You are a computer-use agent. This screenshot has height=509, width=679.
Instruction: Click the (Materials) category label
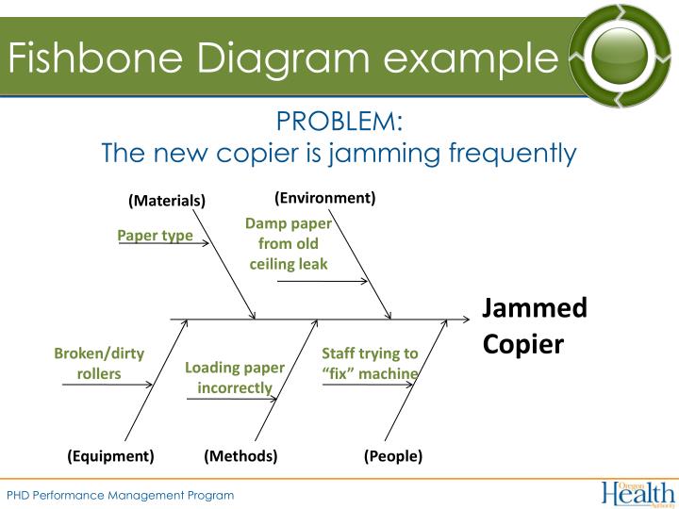tap(167, 201)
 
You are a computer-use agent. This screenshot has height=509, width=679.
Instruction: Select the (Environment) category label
tap(325, 198)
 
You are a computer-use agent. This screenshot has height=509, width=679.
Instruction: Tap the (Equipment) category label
tap(110, 456)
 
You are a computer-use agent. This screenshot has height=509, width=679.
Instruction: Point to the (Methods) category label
tap(240, 456)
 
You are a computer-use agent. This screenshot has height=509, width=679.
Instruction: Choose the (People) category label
tap(393, 456)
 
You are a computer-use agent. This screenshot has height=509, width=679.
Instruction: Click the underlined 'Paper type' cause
tap(155, 235)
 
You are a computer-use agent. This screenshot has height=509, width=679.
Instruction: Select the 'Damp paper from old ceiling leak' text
tap(289, 243)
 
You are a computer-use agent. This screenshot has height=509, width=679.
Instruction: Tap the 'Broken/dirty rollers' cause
tap(99, 363)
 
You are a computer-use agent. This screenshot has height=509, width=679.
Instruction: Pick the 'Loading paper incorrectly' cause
tap(235, 377)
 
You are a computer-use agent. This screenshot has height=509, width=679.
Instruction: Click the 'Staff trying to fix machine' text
tap(370, 363)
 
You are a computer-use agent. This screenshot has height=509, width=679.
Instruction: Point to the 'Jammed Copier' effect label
tap(534, 325)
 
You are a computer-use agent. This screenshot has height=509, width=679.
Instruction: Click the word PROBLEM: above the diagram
tap(339, 122)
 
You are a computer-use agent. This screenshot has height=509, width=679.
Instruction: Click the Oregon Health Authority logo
tap(638, 493)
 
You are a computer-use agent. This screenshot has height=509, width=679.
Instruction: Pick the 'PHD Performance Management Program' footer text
tap(121, 495)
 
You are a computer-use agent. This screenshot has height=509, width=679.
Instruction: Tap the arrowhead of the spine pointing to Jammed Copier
tap(465, 320)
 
